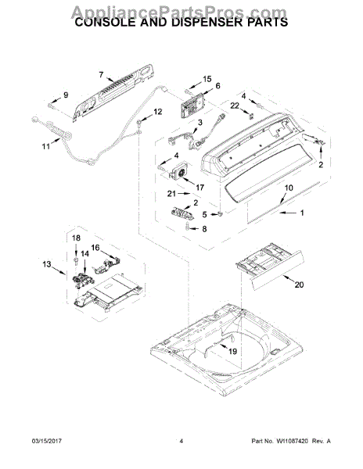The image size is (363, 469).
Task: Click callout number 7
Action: pos(101,75)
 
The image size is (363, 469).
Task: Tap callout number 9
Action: pos(65,95)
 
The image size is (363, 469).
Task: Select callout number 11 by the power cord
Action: pos(45,146)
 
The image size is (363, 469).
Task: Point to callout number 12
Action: pos(158,112)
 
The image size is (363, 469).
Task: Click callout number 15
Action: pos(207,79)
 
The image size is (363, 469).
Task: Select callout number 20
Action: pos(297,285)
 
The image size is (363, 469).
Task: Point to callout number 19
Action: pos(233,353)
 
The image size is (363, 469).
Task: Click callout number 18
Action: pos(76,238)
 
